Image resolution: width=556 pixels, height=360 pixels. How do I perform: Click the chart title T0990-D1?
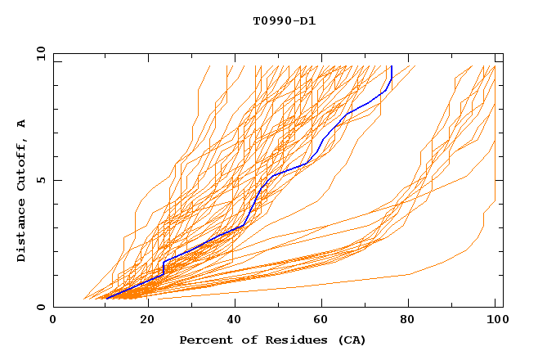(284, 20)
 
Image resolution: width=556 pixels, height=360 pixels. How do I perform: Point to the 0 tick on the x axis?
(53, 321)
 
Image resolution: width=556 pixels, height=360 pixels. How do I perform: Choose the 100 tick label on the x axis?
(495, 321)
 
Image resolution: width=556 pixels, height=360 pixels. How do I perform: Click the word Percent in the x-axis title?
(204, 340)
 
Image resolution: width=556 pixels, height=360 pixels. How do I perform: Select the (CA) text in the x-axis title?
(349, 340)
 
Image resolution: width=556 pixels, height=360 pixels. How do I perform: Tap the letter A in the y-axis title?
(22, 124)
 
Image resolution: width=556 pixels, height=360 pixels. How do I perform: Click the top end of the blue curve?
(392, 66)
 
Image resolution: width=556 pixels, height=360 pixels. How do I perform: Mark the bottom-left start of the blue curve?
(105, 299)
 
